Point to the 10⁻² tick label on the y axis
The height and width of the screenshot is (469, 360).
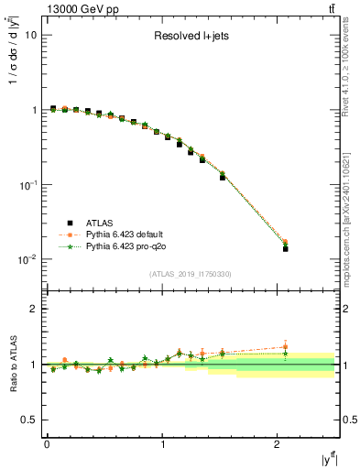pos(28,259)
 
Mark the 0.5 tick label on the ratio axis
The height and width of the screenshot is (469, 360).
pos(30,420)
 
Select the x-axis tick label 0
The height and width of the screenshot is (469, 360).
pos(47,444)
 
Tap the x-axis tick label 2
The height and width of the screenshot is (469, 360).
pos(278,444)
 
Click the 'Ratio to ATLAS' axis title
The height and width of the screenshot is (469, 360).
pos(12,364)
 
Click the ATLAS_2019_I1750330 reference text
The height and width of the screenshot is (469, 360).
pos(191,274)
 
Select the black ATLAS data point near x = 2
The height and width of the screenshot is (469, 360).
pos(285,248)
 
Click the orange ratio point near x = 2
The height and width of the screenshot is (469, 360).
pos(285,347)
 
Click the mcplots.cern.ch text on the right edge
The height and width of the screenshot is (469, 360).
pos(353,211)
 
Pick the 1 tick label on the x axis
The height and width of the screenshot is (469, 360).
pos(162,444)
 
